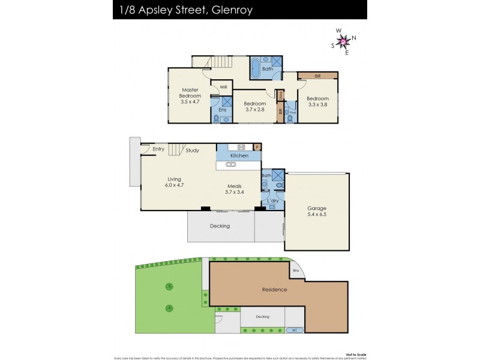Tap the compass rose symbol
pos(344,41)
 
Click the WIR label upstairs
pos(223,88)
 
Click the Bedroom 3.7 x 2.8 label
pos(255,106)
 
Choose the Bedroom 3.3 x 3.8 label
pos(317,101)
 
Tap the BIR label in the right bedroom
pos(317,76)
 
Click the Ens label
pos(222,110)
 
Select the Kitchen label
pos(239,156)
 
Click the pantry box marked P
pos(257,146)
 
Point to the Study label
pos(192,151)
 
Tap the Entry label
pos(158,149)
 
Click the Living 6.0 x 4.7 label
pos(175,182)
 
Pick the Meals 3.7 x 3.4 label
pos(235,189)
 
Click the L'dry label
pos(272,200)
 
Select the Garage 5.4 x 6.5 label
pos(317,211)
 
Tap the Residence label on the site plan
pos(274,290)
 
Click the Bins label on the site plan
pos(295,271)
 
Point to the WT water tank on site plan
pos(294,330)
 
